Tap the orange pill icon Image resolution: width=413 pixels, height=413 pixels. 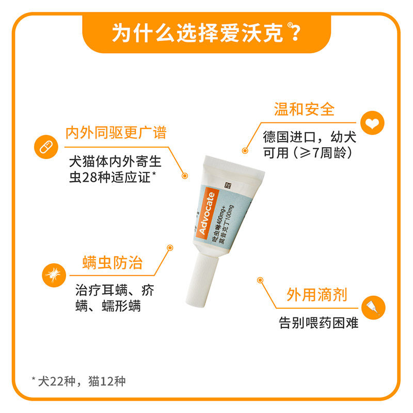point(45,147)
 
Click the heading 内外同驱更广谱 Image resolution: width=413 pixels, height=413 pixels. point(116,132)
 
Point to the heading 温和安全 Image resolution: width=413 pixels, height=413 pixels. point(304,109)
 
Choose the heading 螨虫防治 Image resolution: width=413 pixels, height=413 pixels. point(113,263)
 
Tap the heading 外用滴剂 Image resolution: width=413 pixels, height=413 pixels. point(316,295)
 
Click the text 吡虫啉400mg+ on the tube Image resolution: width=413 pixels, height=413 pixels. point(221,222)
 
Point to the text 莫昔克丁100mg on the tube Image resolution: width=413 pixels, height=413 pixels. point(230,227)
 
